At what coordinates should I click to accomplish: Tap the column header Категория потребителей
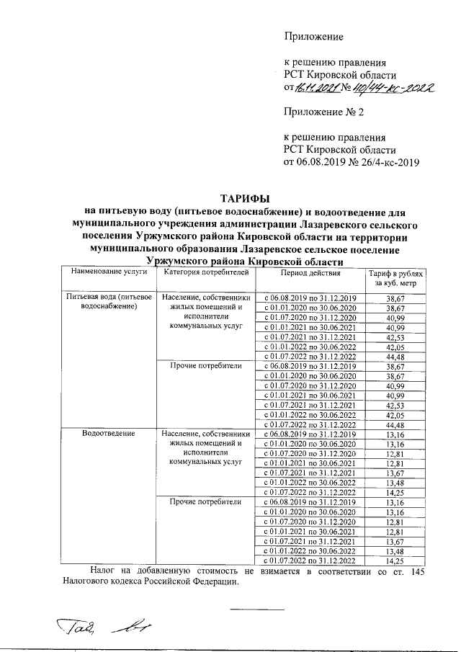click(206, 273)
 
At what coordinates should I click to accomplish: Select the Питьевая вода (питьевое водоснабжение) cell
click(108, 301)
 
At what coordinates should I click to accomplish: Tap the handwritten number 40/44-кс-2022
click(390, 88)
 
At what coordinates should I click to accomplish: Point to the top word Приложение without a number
click(313, 36)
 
